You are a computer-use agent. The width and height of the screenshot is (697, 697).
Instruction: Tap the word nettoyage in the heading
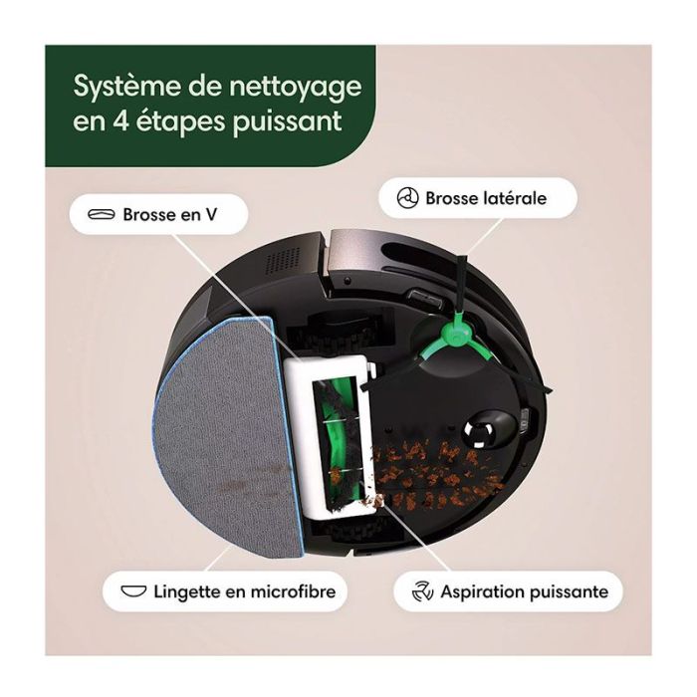click(295, 87)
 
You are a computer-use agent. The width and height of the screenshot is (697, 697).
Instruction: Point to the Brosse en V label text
click(170, 215)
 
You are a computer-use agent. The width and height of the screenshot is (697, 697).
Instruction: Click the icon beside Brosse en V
click(102, 215)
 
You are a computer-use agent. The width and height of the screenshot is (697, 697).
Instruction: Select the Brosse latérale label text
click(486, 198)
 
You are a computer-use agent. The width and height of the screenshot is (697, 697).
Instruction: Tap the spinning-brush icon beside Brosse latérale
click(407, 198)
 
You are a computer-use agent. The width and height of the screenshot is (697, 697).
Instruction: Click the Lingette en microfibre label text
click(245, 592)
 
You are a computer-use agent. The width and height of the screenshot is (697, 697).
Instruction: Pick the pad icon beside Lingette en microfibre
click(133, 591)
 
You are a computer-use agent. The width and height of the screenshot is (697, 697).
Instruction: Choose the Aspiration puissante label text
click(525, 592)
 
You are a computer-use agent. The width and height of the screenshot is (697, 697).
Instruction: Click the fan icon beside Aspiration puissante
click(422, 591)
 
